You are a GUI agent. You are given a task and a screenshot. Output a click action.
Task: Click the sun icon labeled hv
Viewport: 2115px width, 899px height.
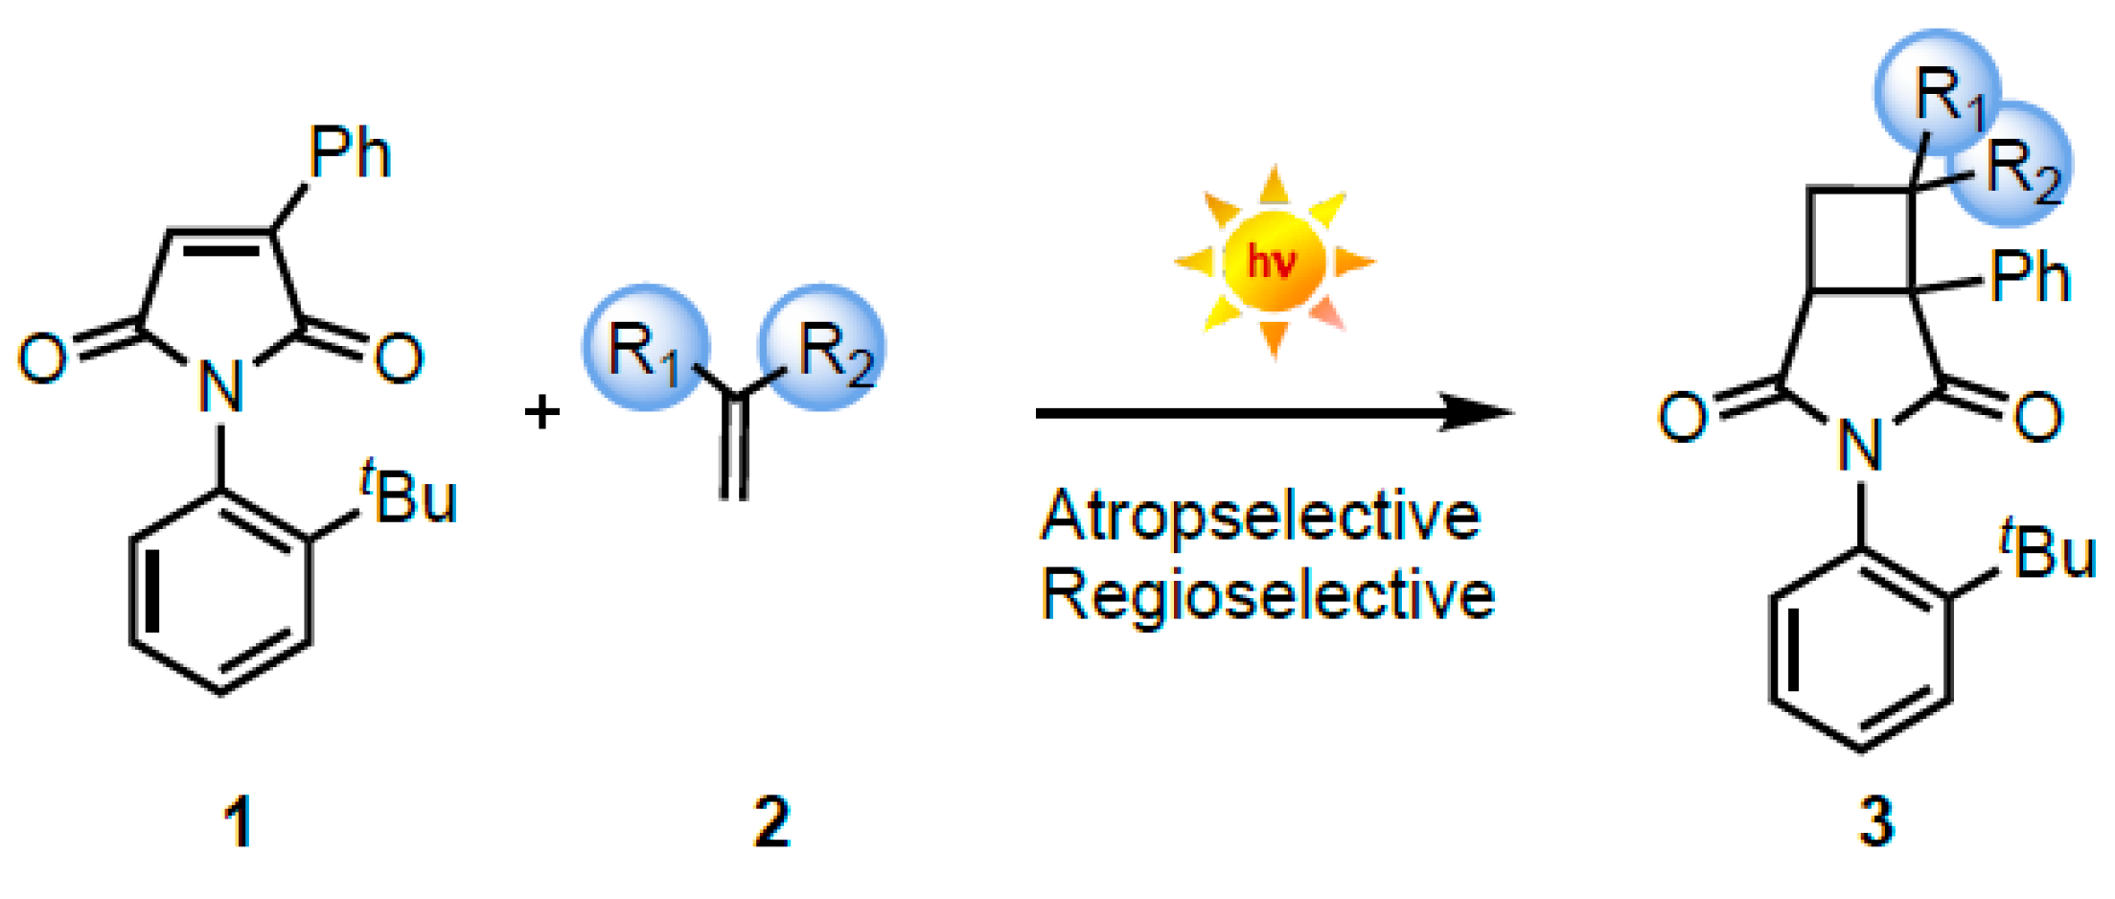1274,261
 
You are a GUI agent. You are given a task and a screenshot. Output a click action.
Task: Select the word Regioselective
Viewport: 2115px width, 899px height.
1267,595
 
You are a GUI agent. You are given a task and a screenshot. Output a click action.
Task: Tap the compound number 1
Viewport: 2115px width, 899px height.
238,822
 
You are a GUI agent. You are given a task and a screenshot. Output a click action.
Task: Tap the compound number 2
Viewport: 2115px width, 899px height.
771,822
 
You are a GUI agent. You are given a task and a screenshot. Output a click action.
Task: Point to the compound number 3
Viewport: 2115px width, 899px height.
1875,822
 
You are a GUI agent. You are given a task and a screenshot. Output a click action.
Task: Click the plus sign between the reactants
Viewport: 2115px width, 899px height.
541,412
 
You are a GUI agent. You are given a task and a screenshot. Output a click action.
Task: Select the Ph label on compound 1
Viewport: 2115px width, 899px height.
350,153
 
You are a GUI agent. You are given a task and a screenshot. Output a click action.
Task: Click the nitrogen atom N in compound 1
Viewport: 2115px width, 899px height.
221,387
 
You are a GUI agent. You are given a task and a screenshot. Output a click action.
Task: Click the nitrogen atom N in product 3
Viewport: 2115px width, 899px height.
1860,446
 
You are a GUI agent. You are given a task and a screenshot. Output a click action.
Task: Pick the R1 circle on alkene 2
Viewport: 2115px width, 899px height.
646,348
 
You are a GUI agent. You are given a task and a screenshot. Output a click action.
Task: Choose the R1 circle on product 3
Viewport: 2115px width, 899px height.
1936,94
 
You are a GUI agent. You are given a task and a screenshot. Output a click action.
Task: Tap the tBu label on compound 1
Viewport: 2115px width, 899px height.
410,495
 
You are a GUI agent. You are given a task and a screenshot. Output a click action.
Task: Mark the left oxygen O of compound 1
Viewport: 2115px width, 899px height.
43,358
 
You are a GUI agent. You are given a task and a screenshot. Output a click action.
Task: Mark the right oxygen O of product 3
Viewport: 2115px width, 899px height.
2038,417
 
